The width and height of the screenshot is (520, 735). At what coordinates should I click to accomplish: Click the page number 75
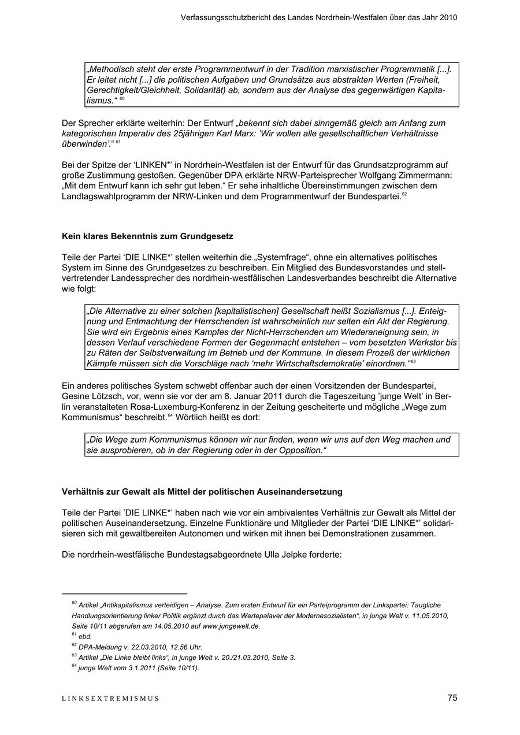click(x=452, y=698)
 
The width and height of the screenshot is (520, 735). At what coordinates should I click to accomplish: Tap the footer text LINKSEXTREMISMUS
click(x=110, y=699)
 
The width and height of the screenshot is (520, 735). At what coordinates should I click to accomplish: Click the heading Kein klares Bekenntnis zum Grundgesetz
click(x=147, y=236)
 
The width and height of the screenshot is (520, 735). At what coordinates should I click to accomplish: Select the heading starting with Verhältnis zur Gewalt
click(x=202, y=492)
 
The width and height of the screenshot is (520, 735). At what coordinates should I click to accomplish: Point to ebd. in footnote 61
click(x=85, y=636)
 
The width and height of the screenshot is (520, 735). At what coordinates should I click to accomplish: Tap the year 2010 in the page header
click(x=448, y=17)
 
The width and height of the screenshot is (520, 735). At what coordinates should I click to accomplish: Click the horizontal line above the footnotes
click(x=125, y=593)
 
